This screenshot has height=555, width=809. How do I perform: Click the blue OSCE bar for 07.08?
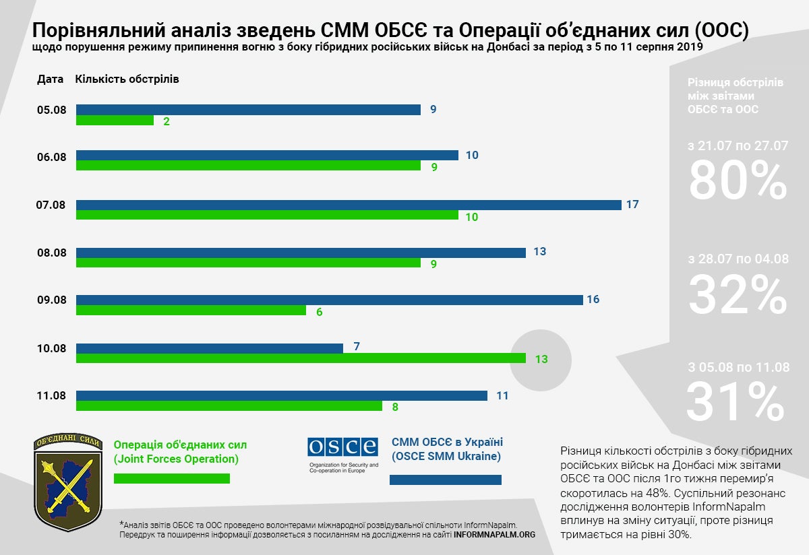click(349, 205)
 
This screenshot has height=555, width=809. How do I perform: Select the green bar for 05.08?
click(115, 121)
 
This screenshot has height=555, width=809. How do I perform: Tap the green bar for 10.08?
click(301, 358)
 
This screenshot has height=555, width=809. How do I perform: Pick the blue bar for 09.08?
click(329, 300)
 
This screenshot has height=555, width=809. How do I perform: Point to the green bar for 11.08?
click(229, 406)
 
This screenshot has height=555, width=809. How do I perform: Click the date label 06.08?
click(51, 157)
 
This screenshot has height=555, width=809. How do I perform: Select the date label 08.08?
click(51, 254)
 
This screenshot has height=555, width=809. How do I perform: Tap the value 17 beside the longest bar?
click(632, 204)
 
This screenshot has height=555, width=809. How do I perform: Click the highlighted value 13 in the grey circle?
click(541, 359)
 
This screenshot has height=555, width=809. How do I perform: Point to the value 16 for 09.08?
click(593, 300)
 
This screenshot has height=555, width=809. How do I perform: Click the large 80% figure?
click(738, 181)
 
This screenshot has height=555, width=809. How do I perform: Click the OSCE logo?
click(342, 447)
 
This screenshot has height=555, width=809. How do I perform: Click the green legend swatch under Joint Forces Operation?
click(172, 478)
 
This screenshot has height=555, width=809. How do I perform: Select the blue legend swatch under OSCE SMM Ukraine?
click(446, 480)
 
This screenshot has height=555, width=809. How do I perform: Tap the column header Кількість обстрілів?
click(127, 79)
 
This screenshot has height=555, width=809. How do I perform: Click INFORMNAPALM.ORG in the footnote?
click(494, 534)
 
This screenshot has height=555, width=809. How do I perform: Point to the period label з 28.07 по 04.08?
click(738, 259)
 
